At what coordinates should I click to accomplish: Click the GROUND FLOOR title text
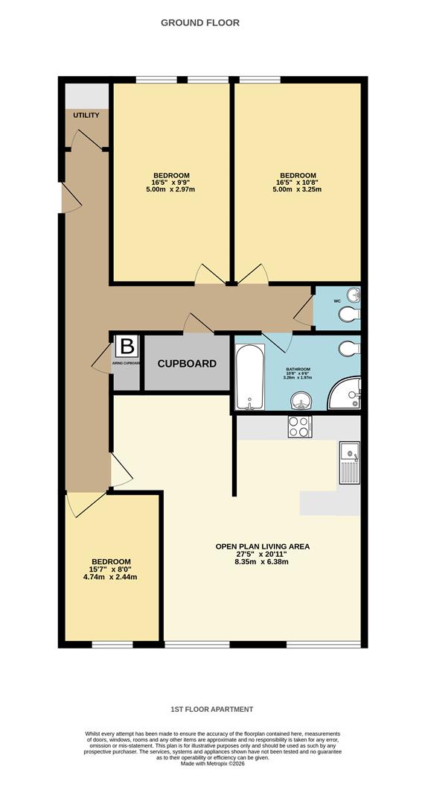[x=200, y=23]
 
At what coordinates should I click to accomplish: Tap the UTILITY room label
[x=86, y=116]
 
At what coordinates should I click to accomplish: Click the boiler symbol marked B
[x=127, y=346]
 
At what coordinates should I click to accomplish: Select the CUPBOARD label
[x=187, y=364]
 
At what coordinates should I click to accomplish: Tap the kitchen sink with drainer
[x=348, y=462]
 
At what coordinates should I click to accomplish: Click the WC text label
[x=337, y=301]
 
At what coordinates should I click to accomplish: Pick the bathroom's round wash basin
[x=301, y=401]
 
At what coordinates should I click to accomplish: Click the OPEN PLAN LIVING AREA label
[x=263, y=546]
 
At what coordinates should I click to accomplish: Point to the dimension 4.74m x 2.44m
[x=111, y=577]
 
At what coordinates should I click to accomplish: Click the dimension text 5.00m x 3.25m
[x=298, y=189]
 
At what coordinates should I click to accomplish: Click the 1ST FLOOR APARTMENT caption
[x=211, y=709]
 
